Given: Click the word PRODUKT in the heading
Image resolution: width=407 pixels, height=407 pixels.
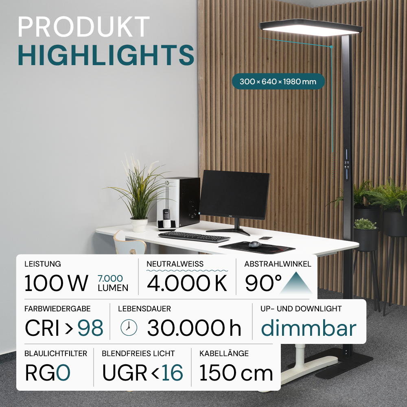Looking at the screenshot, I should pyautogui.click(x=83, y=28).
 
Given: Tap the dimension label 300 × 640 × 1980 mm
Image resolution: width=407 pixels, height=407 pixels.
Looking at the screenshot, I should pyautogui.click(x=278, y=81).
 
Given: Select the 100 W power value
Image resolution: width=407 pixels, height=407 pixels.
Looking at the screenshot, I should pyautogui.click(x=56, y=283).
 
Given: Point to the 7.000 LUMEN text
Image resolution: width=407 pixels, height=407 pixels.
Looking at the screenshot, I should pyautogui.click(x=113, y=283).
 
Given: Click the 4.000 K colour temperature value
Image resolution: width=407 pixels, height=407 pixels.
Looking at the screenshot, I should pyautogui.click(x=187, y=283).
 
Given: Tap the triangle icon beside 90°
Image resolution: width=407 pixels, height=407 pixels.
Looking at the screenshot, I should pyautogui.click(x=296, y=283).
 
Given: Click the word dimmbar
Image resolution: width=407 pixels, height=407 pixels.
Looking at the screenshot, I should pyautogui.click(x=309, y=328).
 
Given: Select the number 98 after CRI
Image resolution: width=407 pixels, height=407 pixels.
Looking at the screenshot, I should pyautogui.click(x=90, y=328).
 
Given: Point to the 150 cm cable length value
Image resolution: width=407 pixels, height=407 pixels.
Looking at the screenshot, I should pyautogui.click(x=236, y=372).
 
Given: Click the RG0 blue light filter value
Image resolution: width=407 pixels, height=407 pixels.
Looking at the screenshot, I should pyautogui.click(x=48, y=372).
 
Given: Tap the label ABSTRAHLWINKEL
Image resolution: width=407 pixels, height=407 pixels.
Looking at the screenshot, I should pyautogui.click(x=278, y=264).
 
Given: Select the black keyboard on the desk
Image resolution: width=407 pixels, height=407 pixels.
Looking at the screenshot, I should pyautogui.click(x=194, y=236).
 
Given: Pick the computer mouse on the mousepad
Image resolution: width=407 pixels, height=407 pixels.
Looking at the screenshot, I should pyautogui.click(x=255, y=244).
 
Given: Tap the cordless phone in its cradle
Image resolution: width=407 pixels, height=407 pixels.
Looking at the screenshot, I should pyautogui.click(x=166, y=218).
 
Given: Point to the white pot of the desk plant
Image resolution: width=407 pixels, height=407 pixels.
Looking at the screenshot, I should pyautogui.click(x=139, y=225).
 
